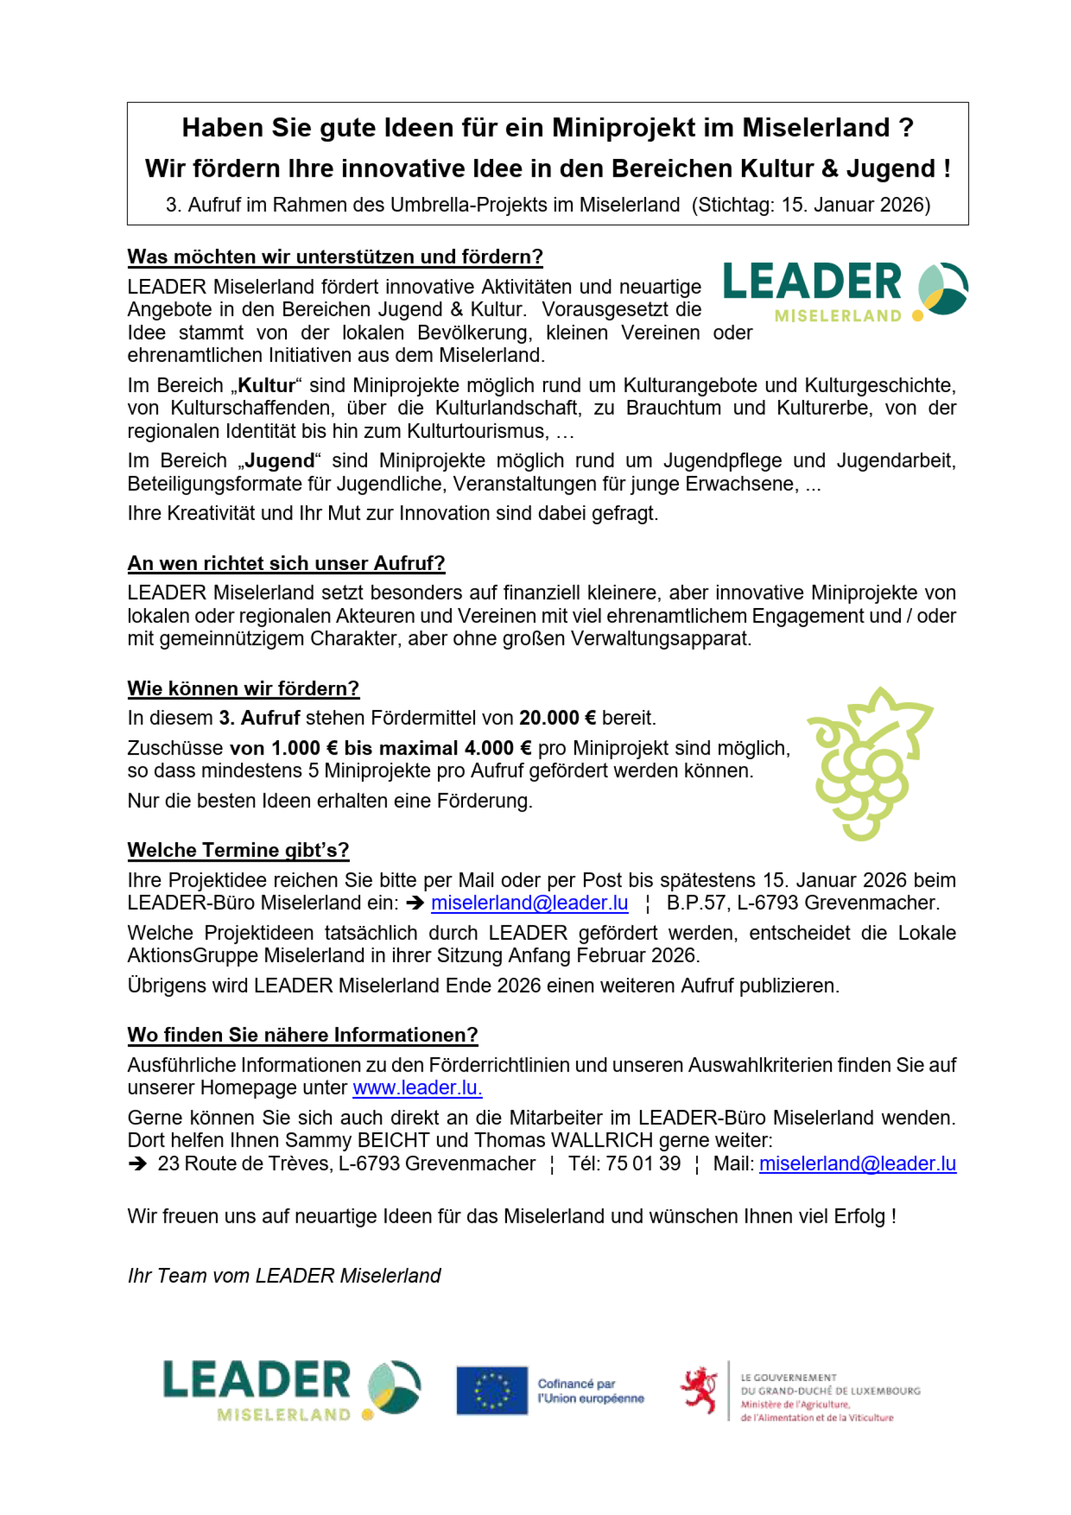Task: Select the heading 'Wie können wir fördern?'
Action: (243, 688)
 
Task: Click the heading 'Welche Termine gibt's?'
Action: (238, 850)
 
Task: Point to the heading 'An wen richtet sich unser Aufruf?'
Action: (286, 563)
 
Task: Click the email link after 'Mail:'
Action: (857, 1164)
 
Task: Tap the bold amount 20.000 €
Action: (557, 718)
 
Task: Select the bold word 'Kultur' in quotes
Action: (266, 385)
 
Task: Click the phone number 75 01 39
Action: (642, 1164)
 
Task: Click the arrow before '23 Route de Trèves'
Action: (137, 1164)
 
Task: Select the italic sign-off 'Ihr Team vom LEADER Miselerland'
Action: (284, 1276)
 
